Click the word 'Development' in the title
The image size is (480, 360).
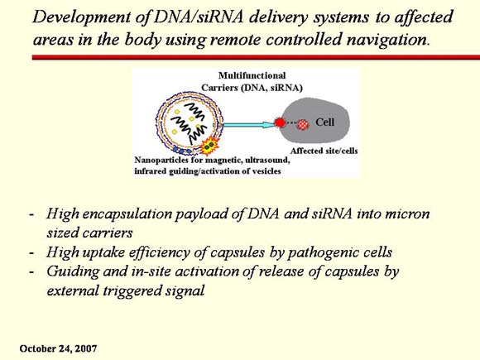coord(82,17)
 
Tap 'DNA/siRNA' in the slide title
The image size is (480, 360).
coord(199,17)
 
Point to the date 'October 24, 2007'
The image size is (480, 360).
coord(58,348)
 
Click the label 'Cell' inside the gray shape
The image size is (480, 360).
coord(324,122)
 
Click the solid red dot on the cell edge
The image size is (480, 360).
coord(280,122)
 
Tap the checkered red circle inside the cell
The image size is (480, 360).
coord(303,125)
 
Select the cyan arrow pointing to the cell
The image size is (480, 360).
coord(248,125)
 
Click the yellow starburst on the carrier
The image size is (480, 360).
coord(209,146)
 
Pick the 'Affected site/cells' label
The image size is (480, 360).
coord(324,151)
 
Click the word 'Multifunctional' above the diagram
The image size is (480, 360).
coord(252,75)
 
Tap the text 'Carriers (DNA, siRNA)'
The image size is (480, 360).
coord(252,88)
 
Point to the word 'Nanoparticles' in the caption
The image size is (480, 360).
coord(160,160)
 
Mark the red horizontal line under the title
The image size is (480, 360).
coord(256,57)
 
